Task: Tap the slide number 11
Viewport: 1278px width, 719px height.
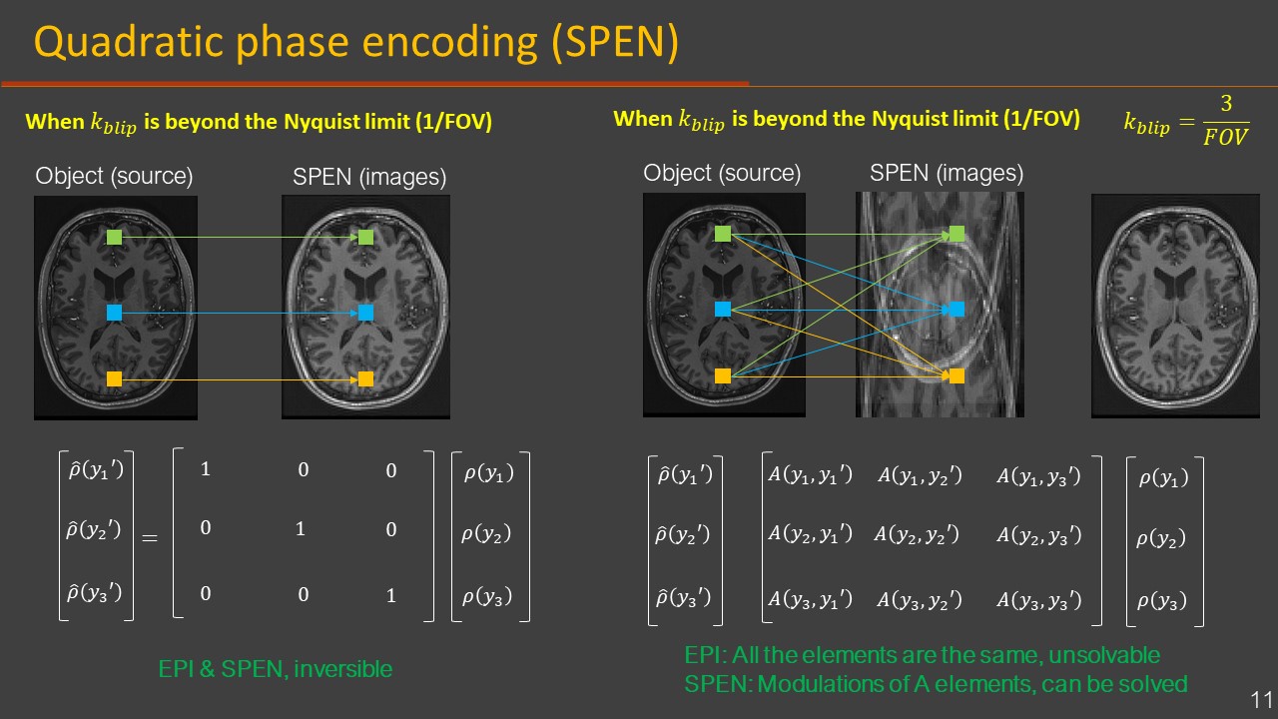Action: pyautogui.click(x=1260, y=698)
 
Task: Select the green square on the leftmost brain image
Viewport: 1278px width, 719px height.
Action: pyautogui.click(x=114, y=238)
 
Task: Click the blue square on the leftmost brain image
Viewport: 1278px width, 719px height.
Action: pyautogui.click(x=114, y=313)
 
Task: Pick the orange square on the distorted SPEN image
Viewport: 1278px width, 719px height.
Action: pyautogui.click(x=957, y=375)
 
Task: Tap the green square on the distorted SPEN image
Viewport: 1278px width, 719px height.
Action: pyautogui.click(x=957, y=234)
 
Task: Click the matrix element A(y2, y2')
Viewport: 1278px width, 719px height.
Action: pyautogui.click(x=917, y=535)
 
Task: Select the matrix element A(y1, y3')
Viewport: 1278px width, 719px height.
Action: pyautogui.click(x=1038, y=476)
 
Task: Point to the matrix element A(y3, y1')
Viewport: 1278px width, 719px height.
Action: pyautogui.click(x=810, y=599)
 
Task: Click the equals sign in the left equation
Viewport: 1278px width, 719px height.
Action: pyautogui.click(x=150, y=537)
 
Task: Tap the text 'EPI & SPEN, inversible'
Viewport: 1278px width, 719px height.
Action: pyautogui.click(x=276, y=669)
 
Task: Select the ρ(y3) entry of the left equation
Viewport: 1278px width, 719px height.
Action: pyautogui.click(x=488, y=597)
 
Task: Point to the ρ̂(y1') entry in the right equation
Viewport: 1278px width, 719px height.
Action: pyautogui.click(x=685, y=474)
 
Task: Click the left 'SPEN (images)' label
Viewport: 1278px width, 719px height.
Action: pyautogui.click(x=369, y=177)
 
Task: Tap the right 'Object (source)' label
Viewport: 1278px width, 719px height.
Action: pyautogui.click(x=722, y=173)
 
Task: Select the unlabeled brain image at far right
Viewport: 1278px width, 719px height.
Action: pyautogui.click(x=1174, y=305)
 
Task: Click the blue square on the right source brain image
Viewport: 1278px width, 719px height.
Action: pyautogui.click(x=723, y=310)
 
